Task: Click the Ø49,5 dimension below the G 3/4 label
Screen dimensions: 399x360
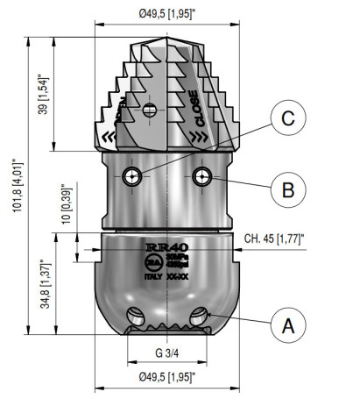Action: tap(167, 378)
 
